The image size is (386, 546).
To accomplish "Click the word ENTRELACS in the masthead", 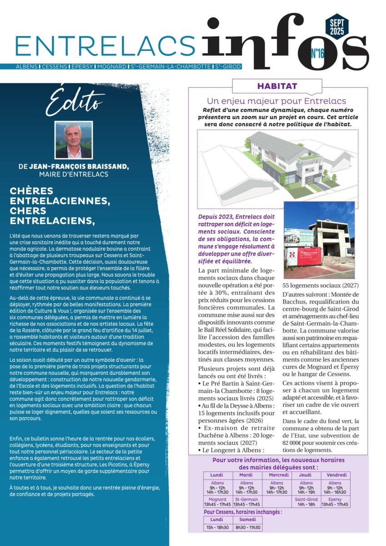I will (105, 45).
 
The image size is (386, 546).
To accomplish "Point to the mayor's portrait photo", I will (74, 139).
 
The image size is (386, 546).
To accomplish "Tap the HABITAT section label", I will (277, 86).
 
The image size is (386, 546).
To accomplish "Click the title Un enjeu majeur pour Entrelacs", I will (276, 101).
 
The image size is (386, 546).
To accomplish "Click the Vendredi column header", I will (335, 475).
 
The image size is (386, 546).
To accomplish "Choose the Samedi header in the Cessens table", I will (247, 519).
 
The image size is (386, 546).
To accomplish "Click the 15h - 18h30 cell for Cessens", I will (217, 527).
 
